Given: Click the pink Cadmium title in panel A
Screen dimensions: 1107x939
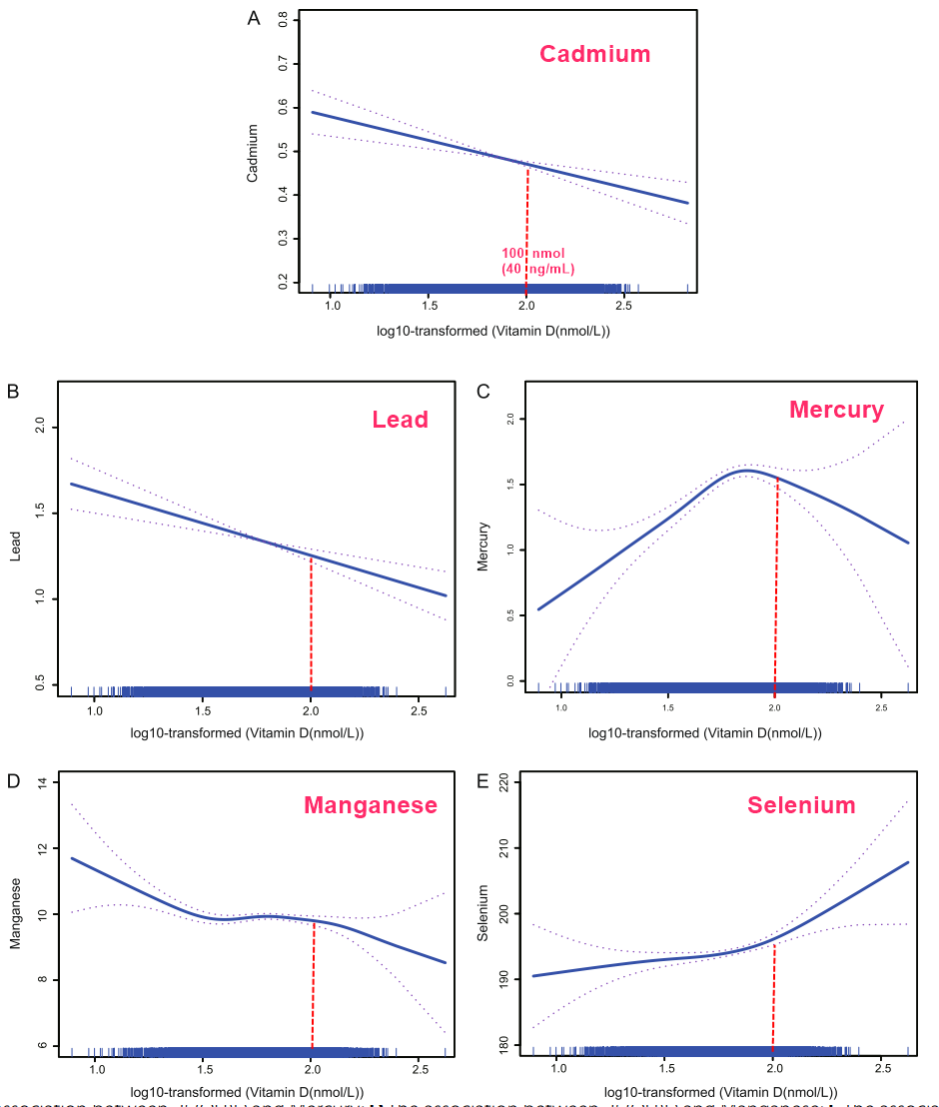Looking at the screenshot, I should coord(594,54).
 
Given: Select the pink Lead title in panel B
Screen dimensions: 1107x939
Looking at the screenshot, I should coord(400,419).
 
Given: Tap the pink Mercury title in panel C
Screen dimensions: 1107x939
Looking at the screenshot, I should coord(836,410).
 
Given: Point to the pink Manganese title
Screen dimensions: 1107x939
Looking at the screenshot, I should coord(371,804).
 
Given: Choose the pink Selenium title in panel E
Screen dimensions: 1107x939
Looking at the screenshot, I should coord(801,804).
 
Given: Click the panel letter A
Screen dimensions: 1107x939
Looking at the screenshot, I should coord(254,19).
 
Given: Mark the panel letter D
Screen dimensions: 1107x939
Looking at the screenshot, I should coord(14,779).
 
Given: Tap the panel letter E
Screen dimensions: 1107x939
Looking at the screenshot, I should coord(482,779).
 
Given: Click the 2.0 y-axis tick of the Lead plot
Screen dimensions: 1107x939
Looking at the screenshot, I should coord(39,428).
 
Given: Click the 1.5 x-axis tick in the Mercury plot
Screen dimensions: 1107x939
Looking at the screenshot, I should coord(668,707).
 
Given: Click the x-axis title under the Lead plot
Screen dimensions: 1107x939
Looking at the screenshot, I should coord(247,733).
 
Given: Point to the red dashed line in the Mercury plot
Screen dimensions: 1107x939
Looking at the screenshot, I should coord(775,579).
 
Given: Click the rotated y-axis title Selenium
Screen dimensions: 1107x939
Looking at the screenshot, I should coord(483,913).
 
